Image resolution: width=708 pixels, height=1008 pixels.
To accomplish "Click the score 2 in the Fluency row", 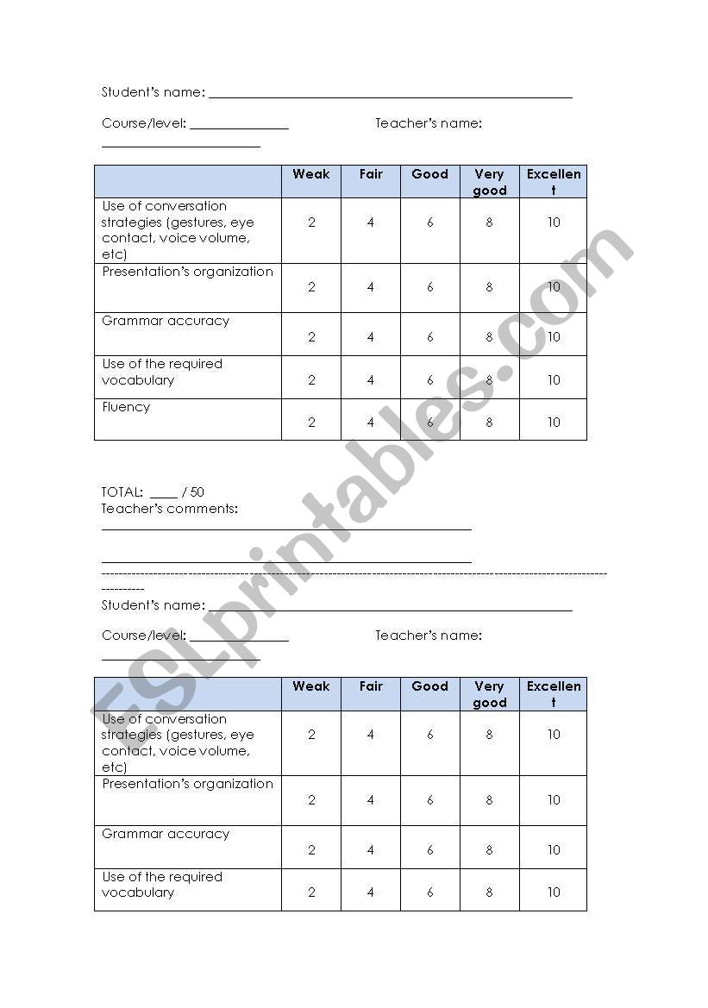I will (x=311, y=423).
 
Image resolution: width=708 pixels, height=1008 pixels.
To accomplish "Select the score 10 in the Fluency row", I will (x=554, y=423).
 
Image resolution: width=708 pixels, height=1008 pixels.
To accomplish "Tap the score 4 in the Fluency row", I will (x=371, y=423).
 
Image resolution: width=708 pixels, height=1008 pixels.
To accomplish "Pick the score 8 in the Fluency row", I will (x=490, y=423).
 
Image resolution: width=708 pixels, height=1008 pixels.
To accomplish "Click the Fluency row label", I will (x=126, y=407).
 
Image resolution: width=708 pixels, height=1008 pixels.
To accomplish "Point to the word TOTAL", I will (x=122, y=492).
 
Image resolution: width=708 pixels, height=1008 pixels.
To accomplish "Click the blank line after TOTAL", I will (x=163, y=495).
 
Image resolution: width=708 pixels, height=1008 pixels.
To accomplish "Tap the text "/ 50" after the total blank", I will (x=193, y=492).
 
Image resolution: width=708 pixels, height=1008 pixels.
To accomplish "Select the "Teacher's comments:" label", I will (x=170, y=509).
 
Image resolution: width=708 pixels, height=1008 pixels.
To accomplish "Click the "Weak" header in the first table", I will (x=311, y=174).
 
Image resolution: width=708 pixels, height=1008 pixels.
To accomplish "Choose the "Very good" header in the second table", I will (x=490, y=694).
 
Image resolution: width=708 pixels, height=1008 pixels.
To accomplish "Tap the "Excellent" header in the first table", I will (x=554, y=182).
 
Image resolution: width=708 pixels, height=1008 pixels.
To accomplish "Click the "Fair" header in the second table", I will (x=371, y=686).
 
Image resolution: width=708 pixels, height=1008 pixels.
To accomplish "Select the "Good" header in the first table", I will (x=430, y=174).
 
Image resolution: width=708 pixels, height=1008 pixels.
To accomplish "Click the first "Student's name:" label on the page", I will (x=154, y=92).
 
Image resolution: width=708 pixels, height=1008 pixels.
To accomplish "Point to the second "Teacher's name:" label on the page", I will (x=429, y=635).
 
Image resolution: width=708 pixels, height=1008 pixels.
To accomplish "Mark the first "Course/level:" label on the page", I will (x=144, y=123).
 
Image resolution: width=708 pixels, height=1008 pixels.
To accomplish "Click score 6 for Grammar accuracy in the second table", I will (x=430, y=849).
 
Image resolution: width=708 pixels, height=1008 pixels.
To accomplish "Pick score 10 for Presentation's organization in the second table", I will (x=554, y=800).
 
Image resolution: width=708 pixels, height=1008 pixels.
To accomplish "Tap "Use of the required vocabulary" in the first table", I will (x=162, y=372).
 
